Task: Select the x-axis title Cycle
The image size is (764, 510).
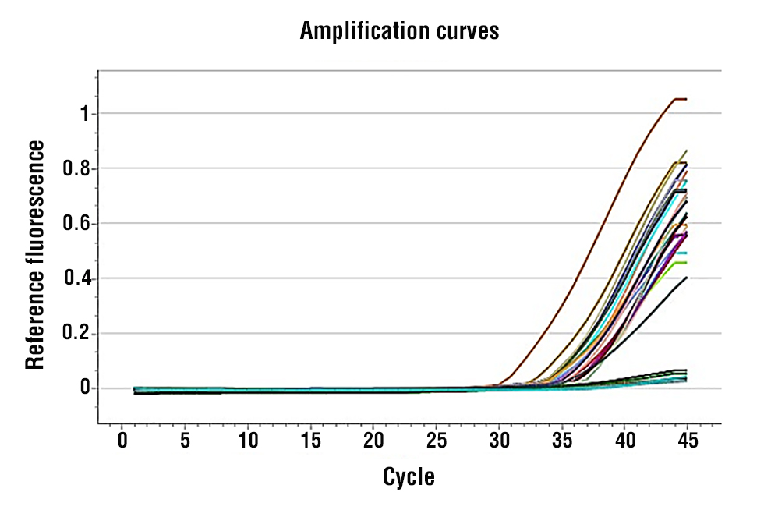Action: click(409, 476)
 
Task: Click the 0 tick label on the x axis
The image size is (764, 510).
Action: click(122, 441)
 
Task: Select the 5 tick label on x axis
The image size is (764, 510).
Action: click(185, 441)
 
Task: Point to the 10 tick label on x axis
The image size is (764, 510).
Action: click(248, 441)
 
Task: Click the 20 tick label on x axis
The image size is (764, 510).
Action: click(373, 441)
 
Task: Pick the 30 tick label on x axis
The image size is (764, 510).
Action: click(499, 441)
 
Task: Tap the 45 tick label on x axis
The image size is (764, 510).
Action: click(687, 441)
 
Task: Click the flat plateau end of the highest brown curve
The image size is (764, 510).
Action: click(680, 99)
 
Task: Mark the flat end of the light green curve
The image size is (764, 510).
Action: click(680, 263)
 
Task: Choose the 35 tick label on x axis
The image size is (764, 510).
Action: click(561, 441)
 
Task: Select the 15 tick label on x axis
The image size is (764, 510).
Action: click(310, 441)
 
